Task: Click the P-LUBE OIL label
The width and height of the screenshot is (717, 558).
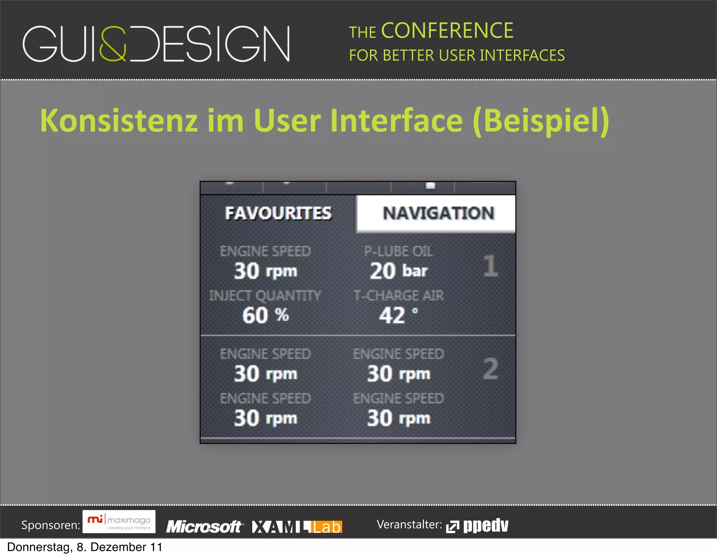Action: coord(398,252)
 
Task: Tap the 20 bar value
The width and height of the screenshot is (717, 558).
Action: coord(398,271)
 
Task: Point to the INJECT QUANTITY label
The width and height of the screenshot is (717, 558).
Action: coord(265,296)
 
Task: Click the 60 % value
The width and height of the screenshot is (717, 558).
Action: coord(265,315)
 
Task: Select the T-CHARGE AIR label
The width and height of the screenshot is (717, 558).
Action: coord(398,296)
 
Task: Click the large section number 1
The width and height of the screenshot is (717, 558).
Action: coord(490,266)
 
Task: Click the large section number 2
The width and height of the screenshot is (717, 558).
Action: coord(490,368)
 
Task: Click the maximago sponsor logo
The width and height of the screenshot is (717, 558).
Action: coord(119,522)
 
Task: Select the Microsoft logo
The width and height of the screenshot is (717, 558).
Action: coord(204,526)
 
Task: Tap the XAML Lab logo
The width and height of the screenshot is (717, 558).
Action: coord(297,526)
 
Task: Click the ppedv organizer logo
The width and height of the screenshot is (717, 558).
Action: coord(478,525)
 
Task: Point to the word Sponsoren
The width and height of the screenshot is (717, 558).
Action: coord(50,525)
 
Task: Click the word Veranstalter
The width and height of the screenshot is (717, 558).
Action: coord(409,524)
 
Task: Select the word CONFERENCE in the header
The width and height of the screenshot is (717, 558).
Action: coord(447,30)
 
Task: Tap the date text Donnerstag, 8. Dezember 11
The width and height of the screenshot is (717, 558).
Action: coord(85,547)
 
